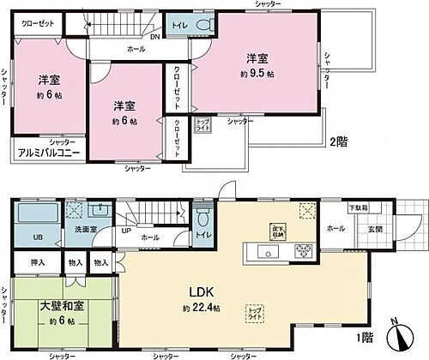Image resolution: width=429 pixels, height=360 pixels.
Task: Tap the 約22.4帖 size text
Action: [x=198, y=309]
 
